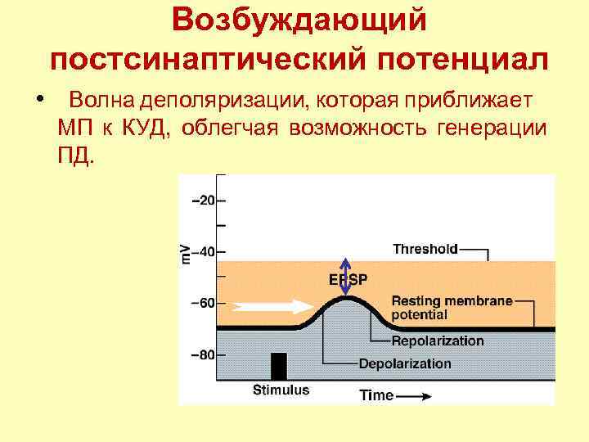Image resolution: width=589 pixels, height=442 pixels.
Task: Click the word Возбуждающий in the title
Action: (299, 21)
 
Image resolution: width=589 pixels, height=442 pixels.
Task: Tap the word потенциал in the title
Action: (461, 60)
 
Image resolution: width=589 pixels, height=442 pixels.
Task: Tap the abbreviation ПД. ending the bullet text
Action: (76, 154)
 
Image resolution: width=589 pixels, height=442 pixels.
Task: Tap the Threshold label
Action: (425, 247)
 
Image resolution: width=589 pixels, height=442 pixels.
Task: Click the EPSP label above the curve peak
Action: (348, 279)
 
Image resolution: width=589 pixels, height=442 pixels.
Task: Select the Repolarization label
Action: (438, 341)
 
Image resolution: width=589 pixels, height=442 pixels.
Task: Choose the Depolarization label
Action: (404, 363)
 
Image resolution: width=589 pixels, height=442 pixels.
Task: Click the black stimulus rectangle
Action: (279, 365)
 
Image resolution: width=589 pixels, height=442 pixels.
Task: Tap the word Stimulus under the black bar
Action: (281, 390)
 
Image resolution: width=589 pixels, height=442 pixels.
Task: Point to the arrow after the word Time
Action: (416, 395)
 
